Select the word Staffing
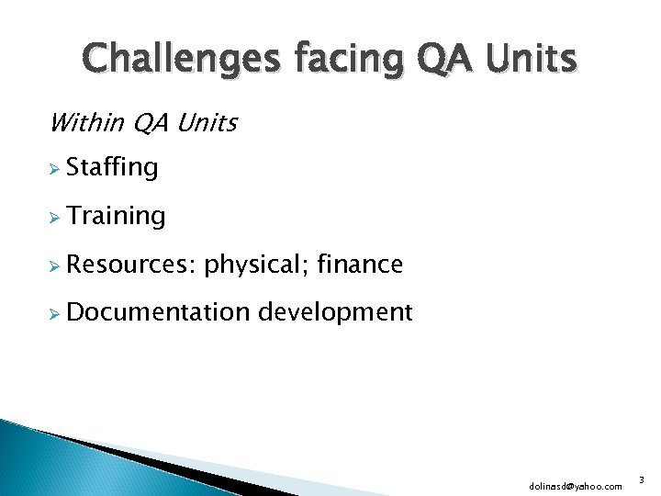tap(112, 168)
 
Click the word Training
tap(116, 217)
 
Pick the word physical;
tap(256, 265)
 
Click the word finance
tap(359, 265)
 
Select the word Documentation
tap(158, 312)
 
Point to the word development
tap(335, 313)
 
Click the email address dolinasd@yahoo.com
tap(576, 485)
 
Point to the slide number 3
tap(643, 479)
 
